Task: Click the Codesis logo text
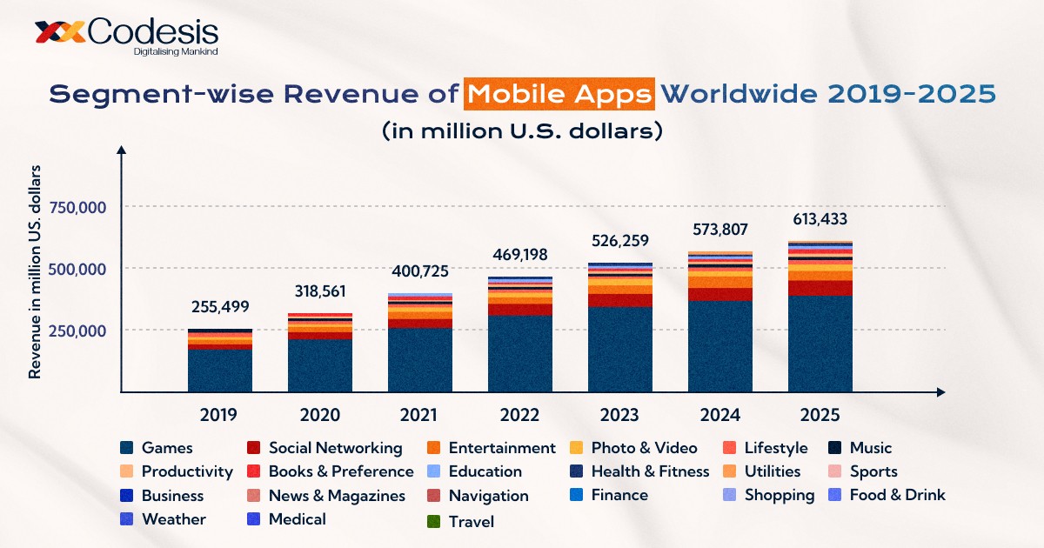click(x=152, y=32)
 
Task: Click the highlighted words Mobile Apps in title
click(x=559, y=94)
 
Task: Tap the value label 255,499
click(x=220, y=308)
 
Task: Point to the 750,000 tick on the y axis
click(x=78, y=207)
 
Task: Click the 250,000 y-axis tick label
click(x=78, y=331)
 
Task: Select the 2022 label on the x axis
click(x=520, y=415)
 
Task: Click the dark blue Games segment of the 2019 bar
click(x=220, y=370)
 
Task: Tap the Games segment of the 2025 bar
click(x=820, y=344)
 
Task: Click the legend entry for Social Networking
click(x=335, y=448)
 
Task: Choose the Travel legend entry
click(x=471, y=522)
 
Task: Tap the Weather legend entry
click(x=173, y=519)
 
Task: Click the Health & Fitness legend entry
click(x=650, y=471)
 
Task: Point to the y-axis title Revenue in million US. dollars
click(x=36, y=271)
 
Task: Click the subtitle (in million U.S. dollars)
click(x=522, y=131)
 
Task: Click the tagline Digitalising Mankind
click(x=175, y=52)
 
